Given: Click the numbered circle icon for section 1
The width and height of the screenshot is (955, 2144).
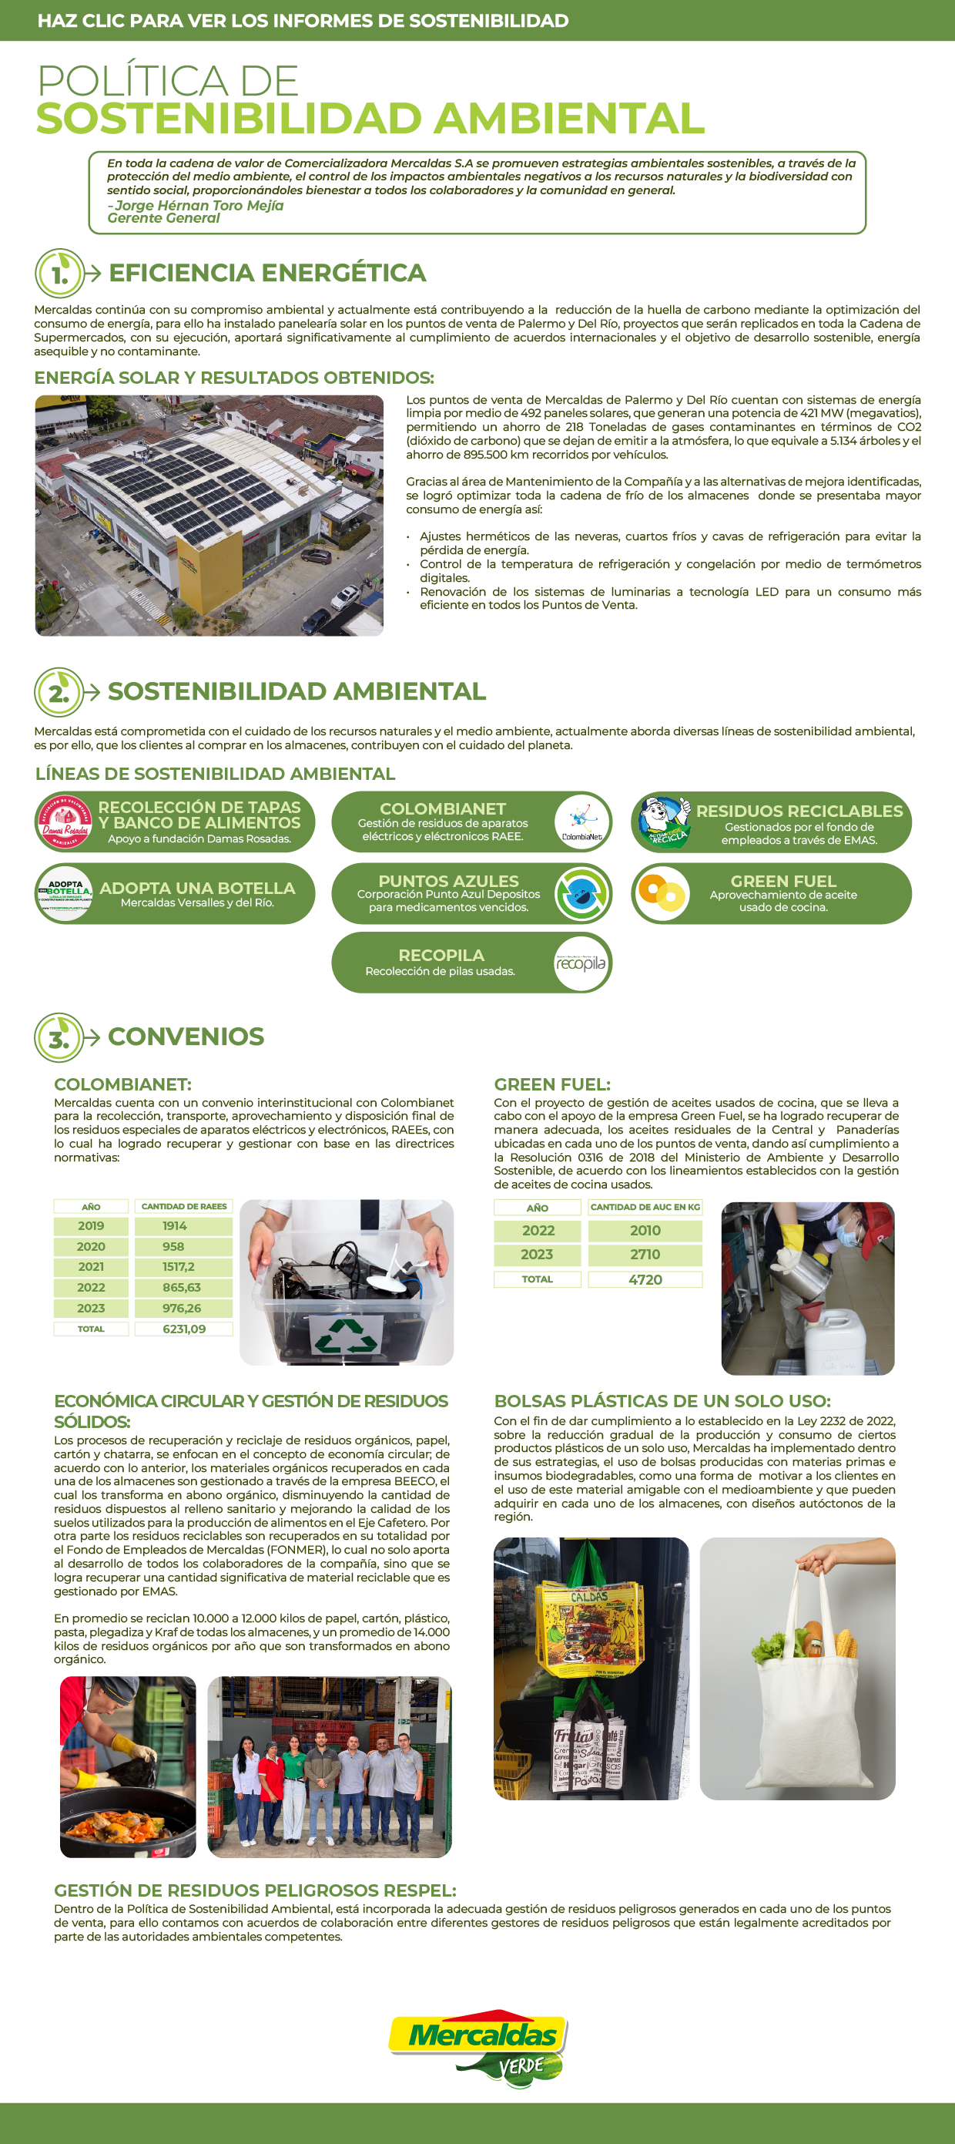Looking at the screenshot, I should [x=59, y=274].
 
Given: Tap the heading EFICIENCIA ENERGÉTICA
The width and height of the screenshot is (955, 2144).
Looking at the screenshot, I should [x=267, y=273].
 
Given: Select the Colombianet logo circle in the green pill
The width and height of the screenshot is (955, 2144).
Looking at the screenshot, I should [x=581, y=822].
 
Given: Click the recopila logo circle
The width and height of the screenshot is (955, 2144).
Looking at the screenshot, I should [x=581, y=963].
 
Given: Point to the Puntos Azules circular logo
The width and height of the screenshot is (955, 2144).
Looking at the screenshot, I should [x=582, y=894].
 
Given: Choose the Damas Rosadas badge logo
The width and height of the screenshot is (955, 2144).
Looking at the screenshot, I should [x=65, y=822].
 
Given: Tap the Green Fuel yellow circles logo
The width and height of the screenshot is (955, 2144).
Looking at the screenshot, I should [x=662, y=894].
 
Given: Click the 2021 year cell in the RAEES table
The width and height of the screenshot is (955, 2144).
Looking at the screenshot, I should [x=91, y=1267].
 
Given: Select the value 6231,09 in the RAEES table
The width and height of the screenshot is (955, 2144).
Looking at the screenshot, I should [x=184, y=1329].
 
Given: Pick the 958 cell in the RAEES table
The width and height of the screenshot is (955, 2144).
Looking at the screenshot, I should [x=173, y=1247].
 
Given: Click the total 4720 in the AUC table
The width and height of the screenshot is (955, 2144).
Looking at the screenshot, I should [x=645, y=1280].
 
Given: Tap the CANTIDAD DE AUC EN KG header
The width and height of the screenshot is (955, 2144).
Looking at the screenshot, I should [x=645, y=1207].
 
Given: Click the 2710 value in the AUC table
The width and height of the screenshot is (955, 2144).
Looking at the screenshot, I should [x=645, y=1255].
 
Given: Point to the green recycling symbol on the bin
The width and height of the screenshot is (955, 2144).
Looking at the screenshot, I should [x=346, y=1336].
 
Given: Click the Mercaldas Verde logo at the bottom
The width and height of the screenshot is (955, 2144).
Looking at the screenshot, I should [x=478, y=2047].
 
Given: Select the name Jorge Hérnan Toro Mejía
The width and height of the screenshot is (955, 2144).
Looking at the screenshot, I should [x=199, y=206].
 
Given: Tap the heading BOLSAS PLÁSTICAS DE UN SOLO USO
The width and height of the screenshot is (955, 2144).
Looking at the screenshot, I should [x=662, y=1401].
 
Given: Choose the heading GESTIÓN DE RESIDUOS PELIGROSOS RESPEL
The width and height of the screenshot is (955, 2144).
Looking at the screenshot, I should [x=255, y=1890].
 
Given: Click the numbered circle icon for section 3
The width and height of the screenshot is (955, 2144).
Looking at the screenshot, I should [x=59, y=1038].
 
